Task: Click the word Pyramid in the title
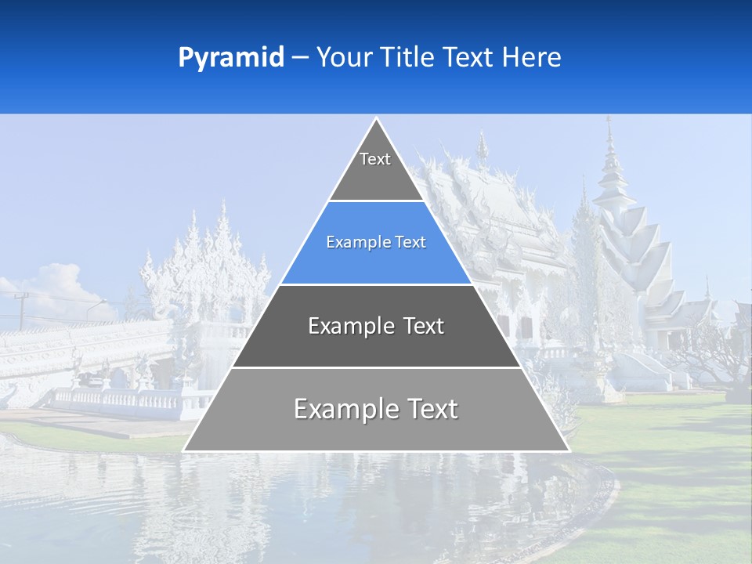231,58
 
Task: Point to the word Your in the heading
342,57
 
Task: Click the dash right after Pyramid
300,58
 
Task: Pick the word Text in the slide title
470,57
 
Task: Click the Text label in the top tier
375,159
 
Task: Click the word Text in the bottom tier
431,409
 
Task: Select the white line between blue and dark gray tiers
376,284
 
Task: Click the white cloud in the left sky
59,286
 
